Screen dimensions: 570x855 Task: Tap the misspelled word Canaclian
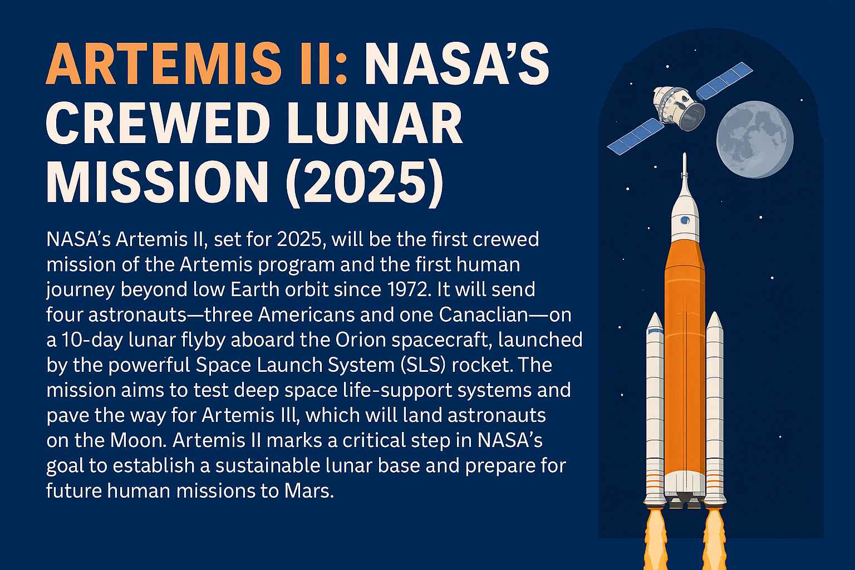(x=484, y=315)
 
